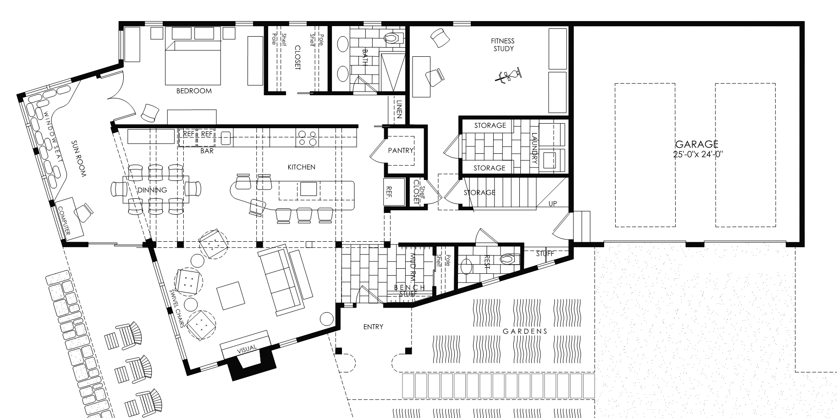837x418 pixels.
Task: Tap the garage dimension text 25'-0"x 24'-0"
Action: (699, 155)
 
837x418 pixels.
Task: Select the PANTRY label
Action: (401, 150)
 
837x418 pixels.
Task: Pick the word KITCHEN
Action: (301, 167)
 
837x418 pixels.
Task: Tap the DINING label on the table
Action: (152, 190)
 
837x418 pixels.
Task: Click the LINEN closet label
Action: (399, 109)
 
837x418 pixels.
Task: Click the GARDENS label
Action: (525, 331)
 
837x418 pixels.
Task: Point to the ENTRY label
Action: (373, 326)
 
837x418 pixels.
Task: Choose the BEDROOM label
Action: (194, 91)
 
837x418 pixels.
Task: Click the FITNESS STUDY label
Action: (503, 45)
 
